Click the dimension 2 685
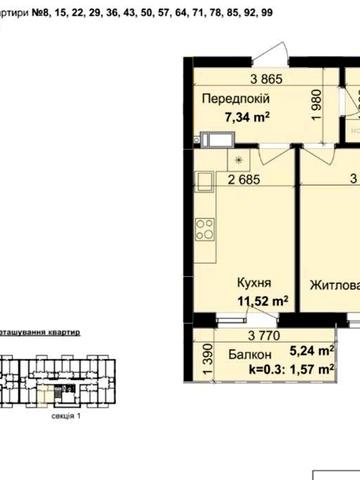[244, 181]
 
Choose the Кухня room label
[251, 283]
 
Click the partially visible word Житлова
[334, 284]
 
